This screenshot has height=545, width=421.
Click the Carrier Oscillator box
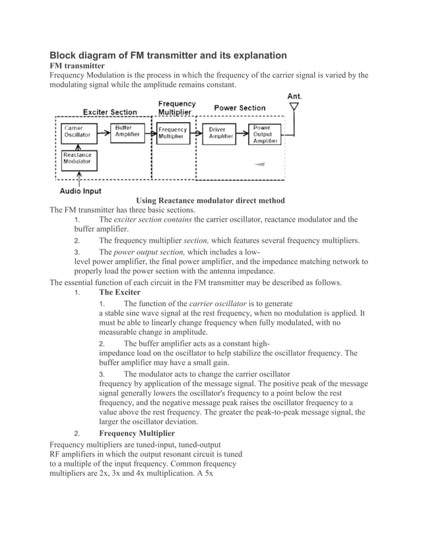point(77,131)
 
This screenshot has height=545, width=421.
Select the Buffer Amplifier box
point(127,131)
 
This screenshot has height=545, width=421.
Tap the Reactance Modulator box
point(77,158)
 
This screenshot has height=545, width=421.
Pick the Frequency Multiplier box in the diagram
point(173,133)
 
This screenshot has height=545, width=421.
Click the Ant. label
point(294,96)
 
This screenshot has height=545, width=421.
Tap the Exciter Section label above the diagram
point(110,112)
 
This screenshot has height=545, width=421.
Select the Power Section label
point(240,108)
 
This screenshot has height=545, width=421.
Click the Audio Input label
point(81,191)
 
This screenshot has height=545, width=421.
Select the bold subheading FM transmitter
point(77,66)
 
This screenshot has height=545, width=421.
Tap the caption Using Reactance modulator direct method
point(210,200)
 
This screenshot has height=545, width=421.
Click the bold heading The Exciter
point(119,292)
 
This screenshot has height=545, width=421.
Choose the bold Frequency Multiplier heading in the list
point(137,433)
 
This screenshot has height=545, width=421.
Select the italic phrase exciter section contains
point(152,219)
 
